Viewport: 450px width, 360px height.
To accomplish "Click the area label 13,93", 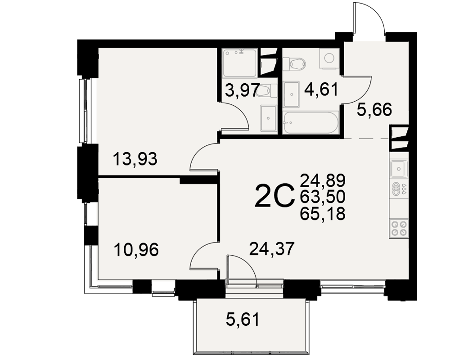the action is [x=135, y=159].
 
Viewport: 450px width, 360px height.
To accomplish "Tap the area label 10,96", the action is [x=136, y=250].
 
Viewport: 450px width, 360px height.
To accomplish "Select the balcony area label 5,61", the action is [x=243, y=319].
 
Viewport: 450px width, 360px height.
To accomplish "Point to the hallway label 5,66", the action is [x=374, y=109].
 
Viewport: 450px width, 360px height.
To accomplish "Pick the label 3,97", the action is [x=243, y=91].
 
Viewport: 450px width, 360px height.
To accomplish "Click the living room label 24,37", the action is [x=272, y=248].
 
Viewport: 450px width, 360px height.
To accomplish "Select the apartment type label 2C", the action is [x=274, y=196].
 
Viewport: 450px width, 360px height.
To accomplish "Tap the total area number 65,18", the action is [x=323, y=214].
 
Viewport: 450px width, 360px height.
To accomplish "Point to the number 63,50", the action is [x=323, y=197].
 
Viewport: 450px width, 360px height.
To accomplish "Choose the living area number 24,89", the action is [x=323, y=180].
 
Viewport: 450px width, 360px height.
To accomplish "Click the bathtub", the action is [x=311, y=123].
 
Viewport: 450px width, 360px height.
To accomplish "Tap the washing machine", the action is [x=329, y=58].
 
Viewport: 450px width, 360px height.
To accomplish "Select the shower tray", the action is [x=240, y=63].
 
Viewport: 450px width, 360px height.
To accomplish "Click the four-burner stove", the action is [x=399, y=228].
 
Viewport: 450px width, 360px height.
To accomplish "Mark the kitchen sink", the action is [x=399, y=168].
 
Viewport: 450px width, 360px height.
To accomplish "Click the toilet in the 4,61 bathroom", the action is [x=295, y=64].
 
